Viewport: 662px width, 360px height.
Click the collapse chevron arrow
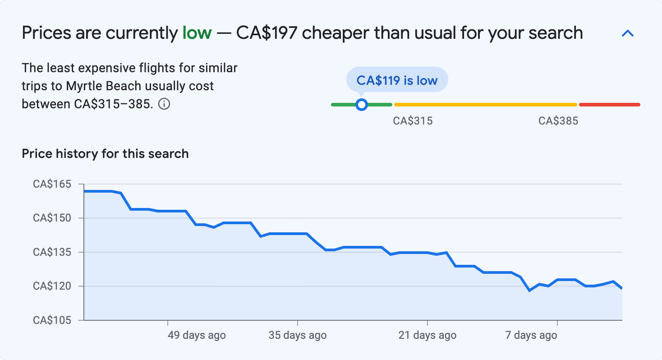[628, 33]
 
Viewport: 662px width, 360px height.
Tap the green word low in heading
[197, 33]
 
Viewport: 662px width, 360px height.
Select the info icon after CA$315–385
[164, 104]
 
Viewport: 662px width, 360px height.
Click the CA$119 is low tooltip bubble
[397, 80]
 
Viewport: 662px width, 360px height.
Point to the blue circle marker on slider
[361, 105]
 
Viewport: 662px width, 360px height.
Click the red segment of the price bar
[609, 105]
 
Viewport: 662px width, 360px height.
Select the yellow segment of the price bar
[485, 105]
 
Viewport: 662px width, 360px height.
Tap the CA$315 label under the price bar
[413, 121]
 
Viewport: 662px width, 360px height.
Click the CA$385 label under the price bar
[558, 121]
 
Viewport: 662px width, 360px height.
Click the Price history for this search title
[105, 154]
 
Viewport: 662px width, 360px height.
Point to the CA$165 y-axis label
[52, 184]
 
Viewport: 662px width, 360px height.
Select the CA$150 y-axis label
[52, 218]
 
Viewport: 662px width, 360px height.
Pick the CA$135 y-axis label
[52, 252]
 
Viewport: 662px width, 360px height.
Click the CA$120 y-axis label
[52, 286]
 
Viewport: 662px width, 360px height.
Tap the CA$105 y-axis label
[52, 320]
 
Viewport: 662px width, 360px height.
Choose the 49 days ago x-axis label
[197, 335]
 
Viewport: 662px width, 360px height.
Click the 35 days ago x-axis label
[298, 335]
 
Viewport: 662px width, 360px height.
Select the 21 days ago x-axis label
[427, 335]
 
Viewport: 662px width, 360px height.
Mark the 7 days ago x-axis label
[531, 335]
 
